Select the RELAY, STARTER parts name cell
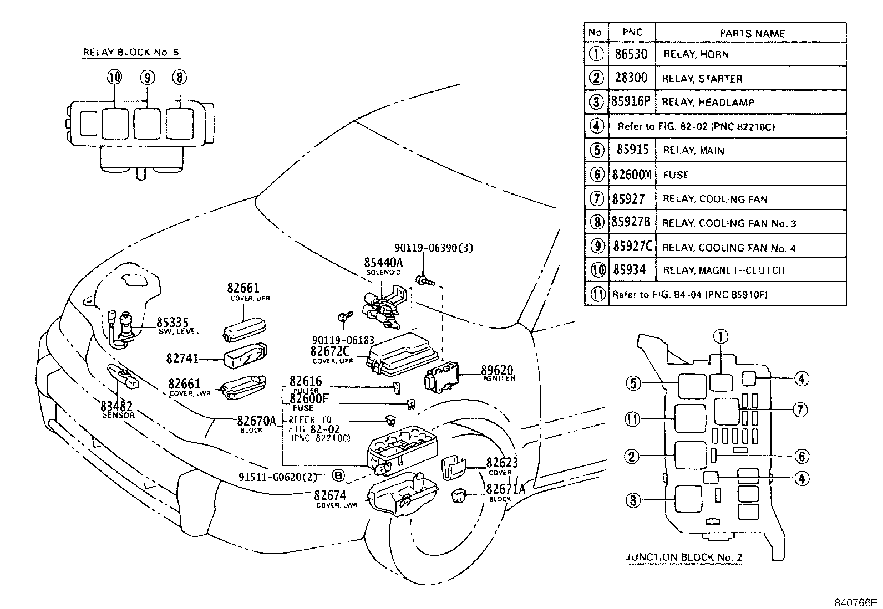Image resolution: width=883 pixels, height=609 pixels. point(702,79)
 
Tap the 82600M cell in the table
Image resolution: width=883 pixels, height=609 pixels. point(631,175)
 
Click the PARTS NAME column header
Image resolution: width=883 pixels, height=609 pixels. point(752,33)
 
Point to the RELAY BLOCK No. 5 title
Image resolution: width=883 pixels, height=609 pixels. point(131,53)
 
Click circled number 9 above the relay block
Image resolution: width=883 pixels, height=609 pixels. point(147,78)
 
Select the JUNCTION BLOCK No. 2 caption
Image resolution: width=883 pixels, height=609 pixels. point(683,557)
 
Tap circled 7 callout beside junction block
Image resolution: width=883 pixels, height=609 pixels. point(799,410)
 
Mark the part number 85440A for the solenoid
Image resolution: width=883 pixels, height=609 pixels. point(383,263)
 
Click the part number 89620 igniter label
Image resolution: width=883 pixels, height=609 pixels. point(496,371)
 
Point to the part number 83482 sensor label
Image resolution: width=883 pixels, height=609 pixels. point(117,406)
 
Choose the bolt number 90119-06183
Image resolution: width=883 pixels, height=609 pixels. point(343,340)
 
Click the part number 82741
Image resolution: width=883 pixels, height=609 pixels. point(182,359)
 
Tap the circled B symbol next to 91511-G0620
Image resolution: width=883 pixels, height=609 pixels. point(338,475)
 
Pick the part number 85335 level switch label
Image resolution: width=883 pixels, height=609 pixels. point(172,323)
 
